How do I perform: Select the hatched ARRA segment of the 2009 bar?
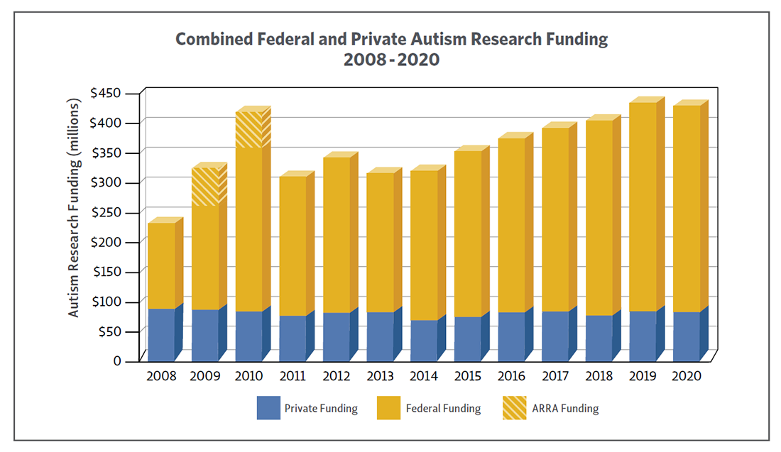[x=204, y=187]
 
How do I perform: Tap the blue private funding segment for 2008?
[x=161, y=334]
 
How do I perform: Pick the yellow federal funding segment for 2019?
[x=643, y=206]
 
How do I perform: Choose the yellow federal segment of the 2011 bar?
[x=293, y=246]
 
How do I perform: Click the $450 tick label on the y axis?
[x=106, y=93]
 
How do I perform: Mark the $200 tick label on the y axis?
[x=106, y=242]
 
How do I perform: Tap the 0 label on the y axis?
[x=117, y=361]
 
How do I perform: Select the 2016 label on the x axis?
[x=511, y=376]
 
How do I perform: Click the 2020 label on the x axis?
[x=687, y=376]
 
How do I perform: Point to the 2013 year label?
[x=380, y=376]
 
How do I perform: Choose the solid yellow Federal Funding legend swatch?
[x=388, y=408]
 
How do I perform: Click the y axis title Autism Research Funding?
[x=74, y=206]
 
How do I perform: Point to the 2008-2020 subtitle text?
[x=391, y=60]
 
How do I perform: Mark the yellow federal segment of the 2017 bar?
[x=555, y=219]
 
